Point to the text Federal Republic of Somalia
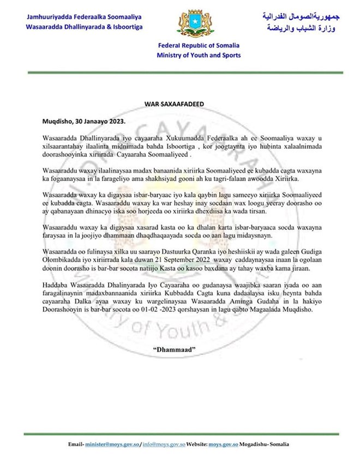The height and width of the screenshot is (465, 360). click(199, 46)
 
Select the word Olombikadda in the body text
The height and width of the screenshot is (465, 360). click(61, 261)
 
